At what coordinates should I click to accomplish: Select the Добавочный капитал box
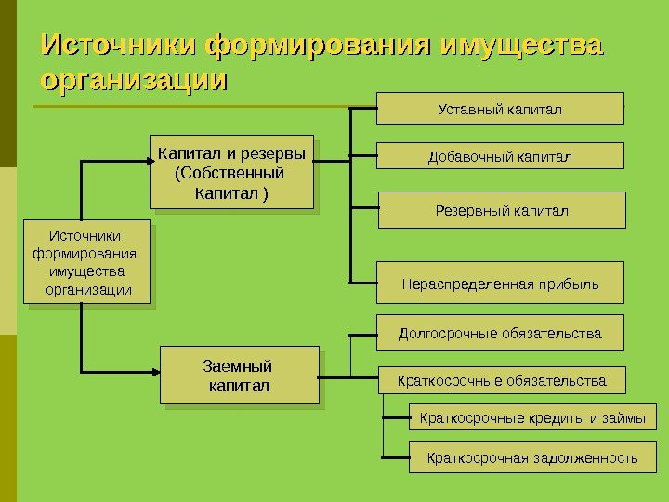point(500,155)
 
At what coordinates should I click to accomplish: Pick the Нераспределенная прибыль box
point(500,284)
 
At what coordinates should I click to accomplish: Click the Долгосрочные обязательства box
point(500,332)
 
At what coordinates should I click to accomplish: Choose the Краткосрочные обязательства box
point(502,380)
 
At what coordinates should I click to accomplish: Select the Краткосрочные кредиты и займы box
point(532,417)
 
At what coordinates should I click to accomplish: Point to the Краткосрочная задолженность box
point(532,457)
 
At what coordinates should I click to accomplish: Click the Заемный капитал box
point(240,376)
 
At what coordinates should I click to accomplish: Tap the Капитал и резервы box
point(231,173)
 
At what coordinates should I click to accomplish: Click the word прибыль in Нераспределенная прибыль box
point(571,284)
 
